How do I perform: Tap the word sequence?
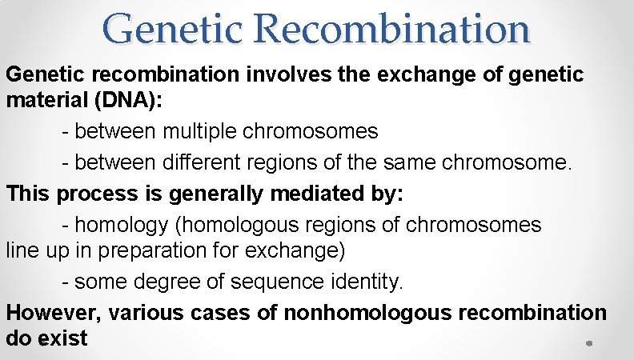coord(271,282)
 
